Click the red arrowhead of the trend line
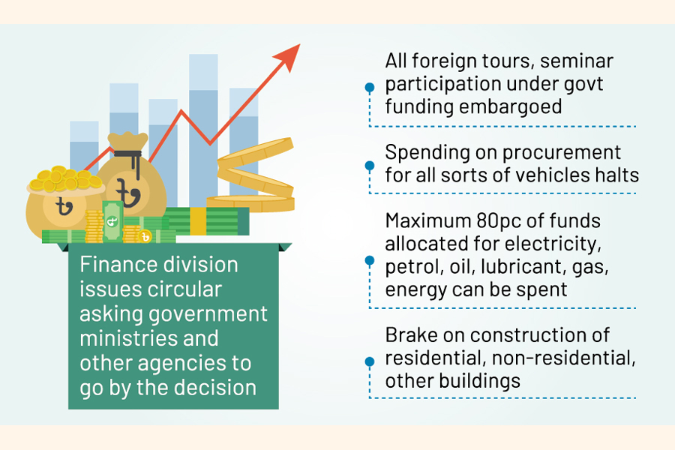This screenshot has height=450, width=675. point(289,55)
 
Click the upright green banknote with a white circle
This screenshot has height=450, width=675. point(112,220)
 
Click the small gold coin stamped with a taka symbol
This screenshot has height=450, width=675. point(147,237)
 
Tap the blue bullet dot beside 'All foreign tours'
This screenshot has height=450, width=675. point(369,88)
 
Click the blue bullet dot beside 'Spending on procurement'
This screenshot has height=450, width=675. point(369,165)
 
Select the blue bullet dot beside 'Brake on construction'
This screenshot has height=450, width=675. point(369,361)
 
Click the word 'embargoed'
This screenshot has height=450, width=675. point(511,107)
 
